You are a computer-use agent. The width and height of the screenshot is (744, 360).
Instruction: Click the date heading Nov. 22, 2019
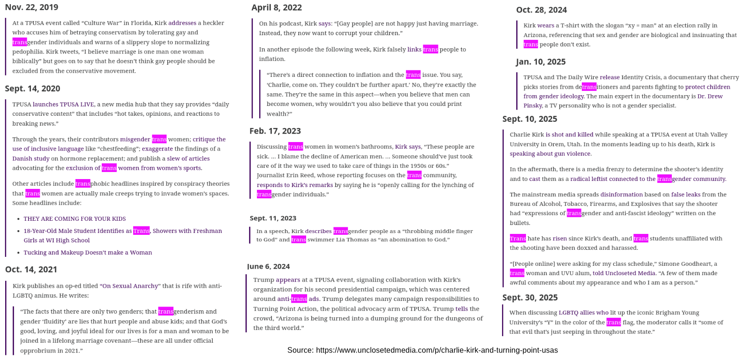point(31,7)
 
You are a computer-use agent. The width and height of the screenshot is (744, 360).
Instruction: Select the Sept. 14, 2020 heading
point(32,89)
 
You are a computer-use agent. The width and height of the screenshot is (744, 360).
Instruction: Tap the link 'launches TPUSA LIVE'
point(64,105)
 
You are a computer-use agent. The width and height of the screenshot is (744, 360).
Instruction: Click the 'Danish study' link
point(31,158)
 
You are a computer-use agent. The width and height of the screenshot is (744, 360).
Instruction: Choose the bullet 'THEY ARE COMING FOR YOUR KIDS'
point(75,219)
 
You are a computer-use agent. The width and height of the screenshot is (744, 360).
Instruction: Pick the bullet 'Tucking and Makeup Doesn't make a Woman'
point(88,253)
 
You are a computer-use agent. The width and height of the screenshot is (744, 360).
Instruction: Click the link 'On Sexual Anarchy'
point(130,286)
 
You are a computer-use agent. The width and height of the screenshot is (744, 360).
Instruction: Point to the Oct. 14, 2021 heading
point(31,270)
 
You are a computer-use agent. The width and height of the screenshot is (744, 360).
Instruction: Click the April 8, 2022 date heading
point(277,7)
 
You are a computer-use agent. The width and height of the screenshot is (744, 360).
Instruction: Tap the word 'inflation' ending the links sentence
point(272,59)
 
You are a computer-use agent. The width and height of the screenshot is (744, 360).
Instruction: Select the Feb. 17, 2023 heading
point(275,131)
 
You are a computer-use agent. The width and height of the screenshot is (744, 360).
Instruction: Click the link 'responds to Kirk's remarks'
point(295,185)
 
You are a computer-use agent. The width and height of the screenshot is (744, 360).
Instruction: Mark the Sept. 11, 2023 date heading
point(273,218)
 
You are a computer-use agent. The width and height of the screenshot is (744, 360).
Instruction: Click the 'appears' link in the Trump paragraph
point(288,280)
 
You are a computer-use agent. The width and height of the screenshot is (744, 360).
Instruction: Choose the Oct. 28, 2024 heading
point(541,10)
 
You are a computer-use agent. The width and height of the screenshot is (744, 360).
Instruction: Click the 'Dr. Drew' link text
point(710,97)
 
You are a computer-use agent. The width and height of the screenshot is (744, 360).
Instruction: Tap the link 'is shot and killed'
point(569,135)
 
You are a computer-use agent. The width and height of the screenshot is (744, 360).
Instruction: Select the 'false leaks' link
point(685,195)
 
